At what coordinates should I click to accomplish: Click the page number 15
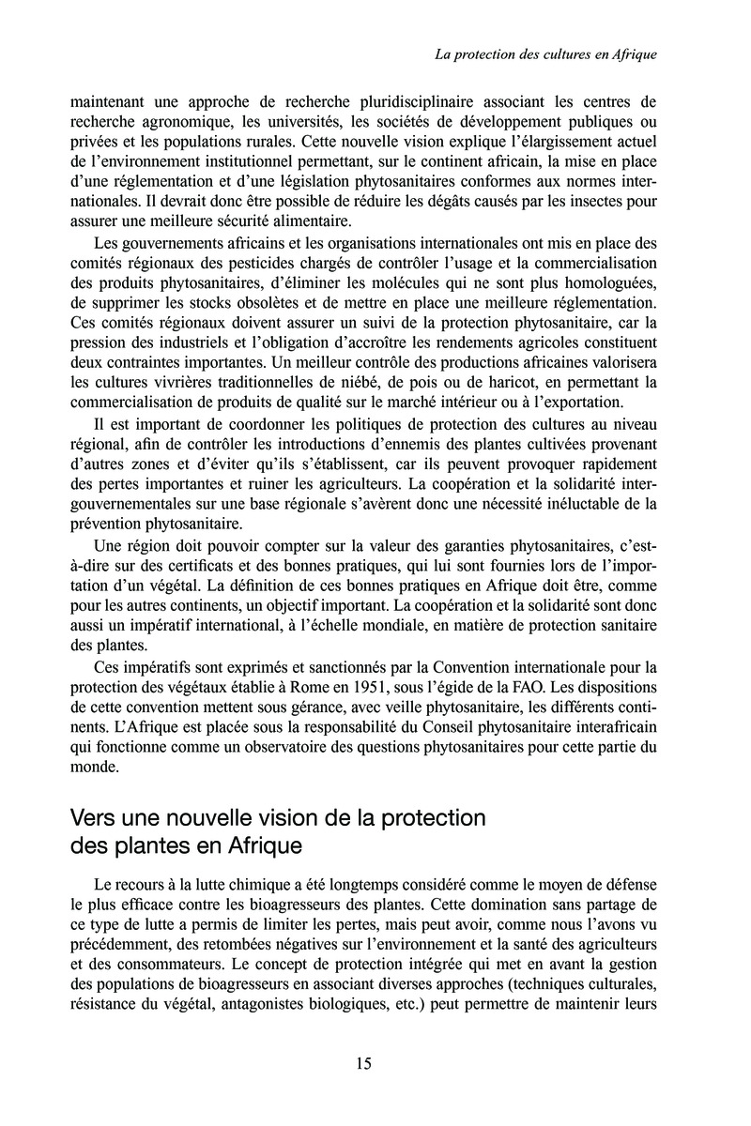pyautogui.click(x=364, y=1063)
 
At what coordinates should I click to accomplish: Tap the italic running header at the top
pyautogui.click(x=545, y=55)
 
